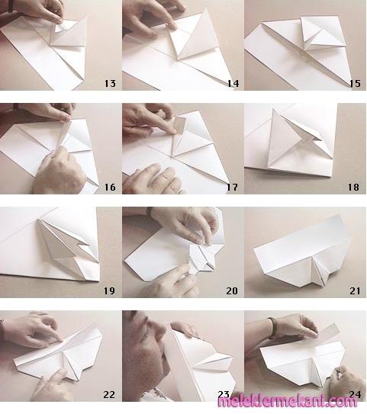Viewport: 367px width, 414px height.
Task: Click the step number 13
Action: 110,83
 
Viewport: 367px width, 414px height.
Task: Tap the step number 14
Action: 233,83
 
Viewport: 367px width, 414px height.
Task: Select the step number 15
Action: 355,83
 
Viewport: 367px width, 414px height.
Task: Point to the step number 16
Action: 110,188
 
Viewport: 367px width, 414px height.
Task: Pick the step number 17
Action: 232,188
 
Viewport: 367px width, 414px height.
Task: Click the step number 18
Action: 353,188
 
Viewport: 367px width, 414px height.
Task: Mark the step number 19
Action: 109,291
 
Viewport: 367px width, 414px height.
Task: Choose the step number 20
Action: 232,291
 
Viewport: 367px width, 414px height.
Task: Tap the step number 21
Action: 355,291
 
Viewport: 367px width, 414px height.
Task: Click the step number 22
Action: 109,394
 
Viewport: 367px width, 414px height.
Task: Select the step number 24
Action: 355,394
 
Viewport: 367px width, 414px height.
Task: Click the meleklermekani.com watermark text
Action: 288,402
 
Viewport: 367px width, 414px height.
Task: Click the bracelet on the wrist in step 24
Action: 272,327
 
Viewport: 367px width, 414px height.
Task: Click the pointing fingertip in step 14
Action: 172,25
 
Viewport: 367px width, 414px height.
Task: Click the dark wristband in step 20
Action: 150,211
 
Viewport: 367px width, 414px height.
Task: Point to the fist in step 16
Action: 59,172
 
